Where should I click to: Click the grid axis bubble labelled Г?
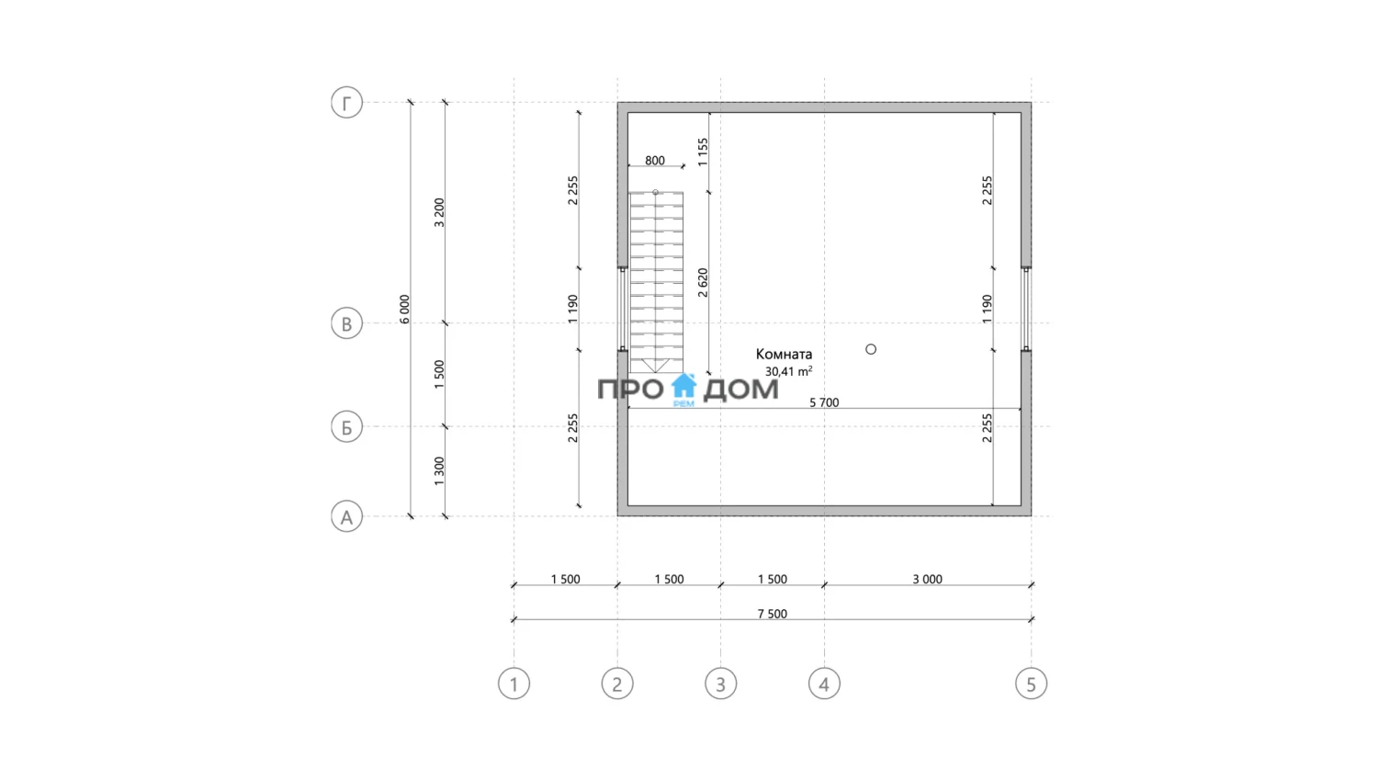346,103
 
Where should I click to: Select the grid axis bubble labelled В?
346,323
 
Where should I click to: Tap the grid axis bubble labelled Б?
346,427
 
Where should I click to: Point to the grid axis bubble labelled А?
346,517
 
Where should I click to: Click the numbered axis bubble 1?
514,684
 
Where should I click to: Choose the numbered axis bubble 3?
720,684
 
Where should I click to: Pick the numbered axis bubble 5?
1031,684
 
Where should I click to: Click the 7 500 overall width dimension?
772,614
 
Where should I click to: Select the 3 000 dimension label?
927,579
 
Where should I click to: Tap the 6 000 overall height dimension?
404,309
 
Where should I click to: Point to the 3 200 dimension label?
439,212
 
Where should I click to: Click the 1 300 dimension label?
439,471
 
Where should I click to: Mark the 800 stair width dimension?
655,161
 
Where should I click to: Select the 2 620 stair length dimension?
703,282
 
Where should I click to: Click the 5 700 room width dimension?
824,402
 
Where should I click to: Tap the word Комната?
784,354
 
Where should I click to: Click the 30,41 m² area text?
788,371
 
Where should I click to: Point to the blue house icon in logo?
683,387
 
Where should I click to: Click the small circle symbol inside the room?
871,349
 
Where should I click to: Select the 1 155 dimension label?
703,152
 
